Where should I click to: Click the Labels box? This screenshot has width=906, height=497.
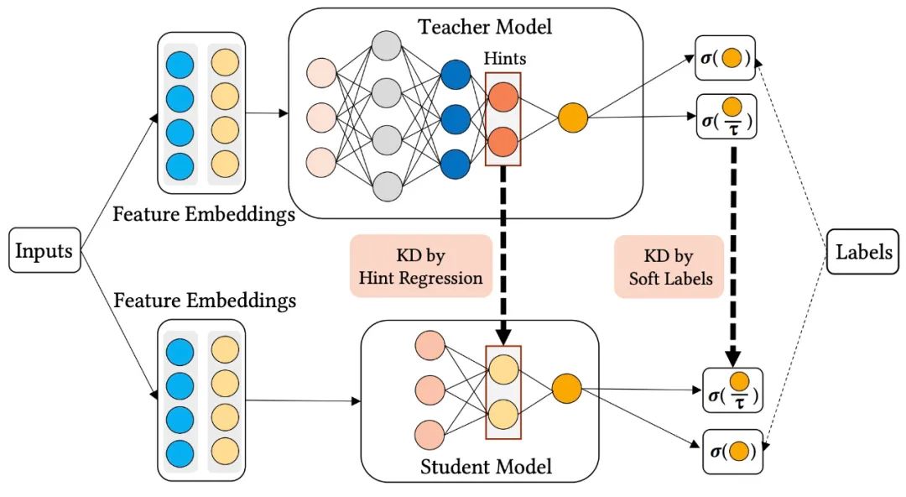(x=863, y=251)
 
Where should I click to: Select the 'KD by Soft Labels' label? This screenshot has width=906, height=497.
(x=669, y=265)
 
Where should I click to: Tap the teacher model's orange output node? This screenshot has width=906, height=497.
(x=573, y=117)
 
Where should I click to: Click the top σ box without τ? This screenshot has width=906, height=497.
(x=725, y=59)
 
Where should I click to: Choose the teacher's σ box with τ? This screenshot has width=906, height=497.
(x=726, y=117)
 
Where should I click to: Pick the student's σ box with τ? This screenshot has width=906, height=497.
(x=732, y=390)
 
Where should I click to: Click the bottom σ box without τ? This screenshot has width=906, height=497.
(x=732, y=452)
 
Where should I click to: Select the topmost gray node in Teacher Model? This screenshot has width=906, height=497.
(x=387, y=45)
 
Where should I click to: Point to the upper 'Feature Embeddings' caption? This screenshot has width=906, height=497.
(x=204, y=214)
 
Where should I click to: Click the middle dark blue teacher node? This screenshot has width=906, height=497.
(x=455, y=117)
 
